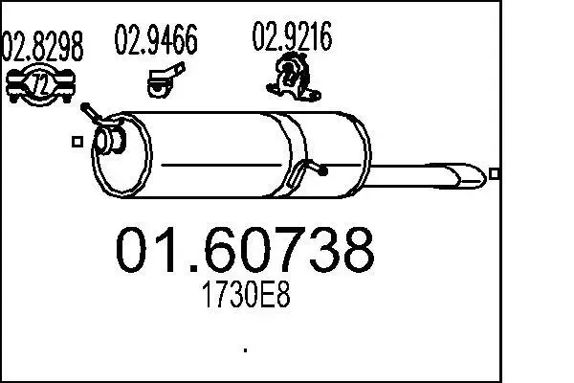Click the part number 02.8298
tap(42, 46)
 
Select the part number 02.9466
tap(156, 39)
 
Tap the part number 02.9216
tap(292, 36)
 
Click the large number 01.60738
tap(245, 250)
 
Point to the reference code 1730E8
tap(246, 295)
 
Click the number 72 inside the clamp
tap(39, 84)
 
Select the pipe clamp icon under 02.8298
tap(40, 85)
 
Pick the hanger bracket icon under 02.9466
tap(166, 79)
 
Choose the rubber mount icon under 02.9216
tap(293, 78)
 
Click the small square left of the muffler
tap(77, 142)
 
